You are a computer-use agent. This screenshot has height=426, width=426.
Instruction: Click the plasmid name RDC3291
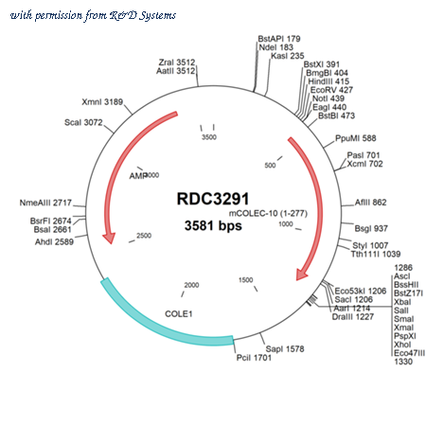coord(213,199)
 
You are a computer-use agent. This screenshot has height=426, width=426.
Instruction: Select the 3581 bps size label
coord(213,226)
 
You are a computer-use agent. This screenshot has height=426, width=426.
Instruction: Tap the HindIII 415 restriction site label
coord(328,81)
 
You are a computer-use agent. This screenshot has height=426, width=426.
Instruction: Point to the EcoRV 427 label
coord(331,90)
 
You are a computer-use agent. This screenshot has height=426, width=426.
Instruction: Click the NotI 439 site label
coord(328,98)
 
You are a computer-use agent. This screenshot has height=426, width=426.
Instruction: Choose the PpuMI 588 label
coord(356,138)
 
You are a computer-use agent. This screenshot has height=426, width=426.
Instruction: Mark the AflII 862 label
coord(370,203)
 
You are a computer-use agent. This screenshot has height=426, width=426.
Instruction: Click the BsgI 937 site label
coord(371,228)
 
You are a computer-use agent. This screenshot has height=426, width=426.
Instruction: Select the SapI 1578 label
coord(285,349)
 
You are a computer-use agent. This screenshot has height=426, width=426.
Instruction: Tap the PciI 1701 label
coord(254,358)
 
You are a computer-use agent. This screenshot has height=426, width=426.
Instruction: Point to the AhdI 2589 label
coord(54,242)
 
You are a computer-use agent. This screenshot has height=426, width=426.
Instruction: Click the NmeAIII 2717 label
coord(45,203)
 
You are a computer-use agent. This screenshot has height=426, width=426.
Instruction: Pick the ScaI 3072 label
coord(83,122)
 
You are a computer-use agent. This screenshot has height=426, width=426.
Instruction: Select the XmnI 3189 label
coord(102,102)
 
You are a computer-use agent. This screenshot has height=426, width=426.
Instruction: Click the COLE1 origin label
coord(179,314)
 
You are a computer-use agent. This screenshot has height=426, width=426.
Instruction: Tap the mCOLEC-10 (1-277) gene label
coord(268,214)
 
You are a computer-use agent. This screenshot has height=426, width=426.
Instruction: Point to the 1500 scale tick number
coord(246,280)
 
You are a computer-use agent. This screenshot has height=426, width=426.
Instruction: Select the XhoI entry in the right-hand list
coord(402,345)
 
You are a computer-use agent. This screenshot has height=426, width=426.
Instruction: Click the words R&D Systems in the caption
coord(143,15)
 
